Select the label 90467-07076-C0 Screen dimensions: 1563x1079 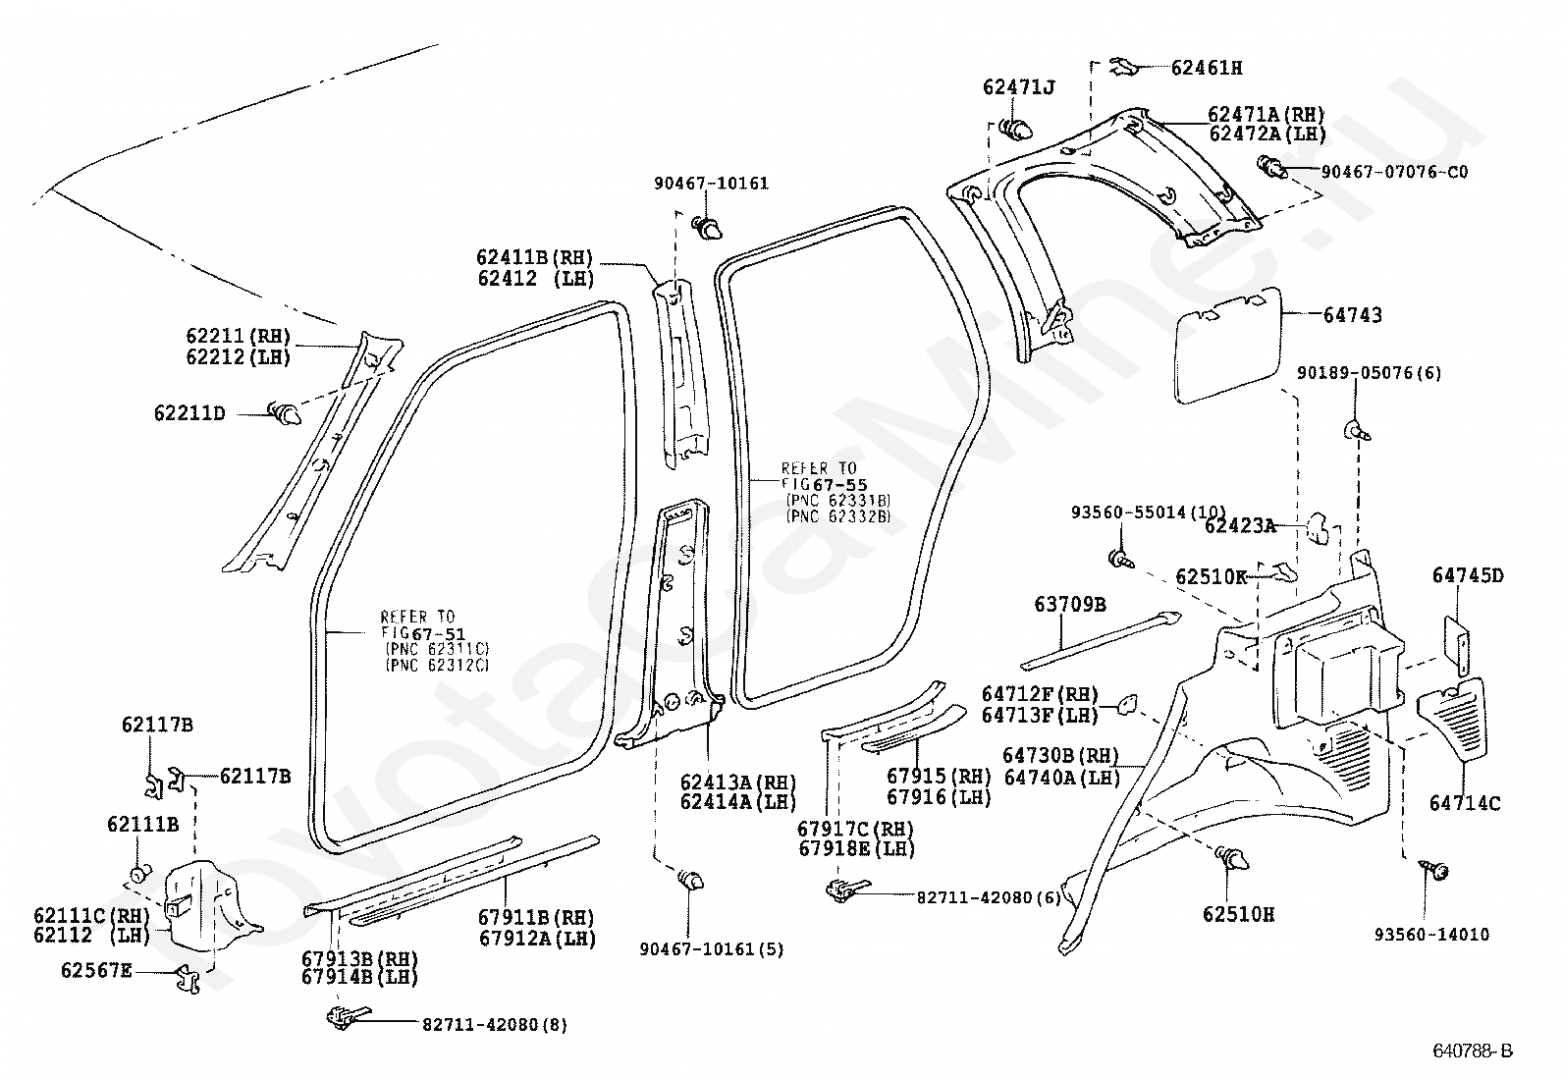pyautogui.click(x=1394, y=172)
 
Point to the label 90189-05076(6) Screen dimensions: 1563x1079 pyautogui.click(x=1369, y=373)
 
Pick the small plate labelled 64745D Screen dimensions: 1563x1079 pyautogui.click(x=1456, y=646)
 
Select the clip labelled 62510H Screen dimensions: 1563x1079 pyautogui.click(x=1231, y=858)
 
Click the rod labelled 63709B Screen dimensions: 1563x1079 pyautogui.click(x=1101, y=641)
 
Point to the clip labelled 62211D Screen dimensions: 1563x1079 pyautogui.click(x=286, y=414)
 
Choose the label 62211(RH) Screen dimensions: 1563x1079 pyautogui.click(x=238, y=337)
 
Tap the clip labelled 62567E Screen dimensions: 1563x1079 pyautogui.click(x=187, y=978)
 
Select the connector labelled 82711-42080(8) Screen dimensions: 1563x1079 pyautogui.click(x=349, y=1017)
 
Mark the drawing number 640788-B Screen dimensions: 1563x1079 pyautogui.click(x=1473, y=1052)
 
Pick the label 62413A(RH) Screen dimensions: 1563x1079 pyautogui.click(x=738, y=782)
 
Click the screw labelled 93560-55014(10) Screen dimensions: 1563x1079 pyautogui.click(x=1121, y=559)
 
